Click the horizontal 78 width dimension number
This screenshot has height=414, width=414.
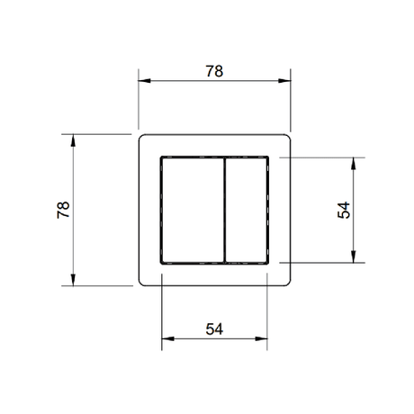coord(213,70)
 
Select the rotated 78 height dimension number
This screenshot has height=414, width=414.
coord(62,210)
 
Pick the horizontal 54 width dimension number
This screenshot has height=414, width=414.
coord(213,329)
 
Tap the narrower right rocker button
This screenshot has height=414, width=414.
coord(246,210)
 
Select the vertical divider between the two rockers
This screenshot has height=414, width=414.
coord(222,210)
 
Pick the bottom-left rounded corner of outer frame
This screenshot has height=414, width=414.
coord(141,283)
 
